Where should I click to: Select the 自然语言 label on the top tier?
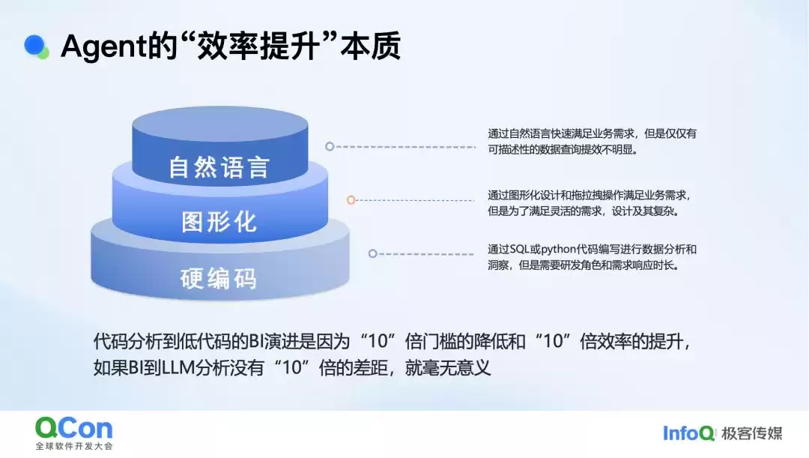point(219,166)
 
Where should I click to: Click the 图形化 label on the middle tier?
point(219,221)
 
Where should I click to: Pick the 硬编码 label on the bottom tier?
point(219,278)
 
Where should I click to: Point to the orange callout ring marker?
point(351,200)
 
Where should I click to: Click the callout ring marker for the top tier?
point(330,147)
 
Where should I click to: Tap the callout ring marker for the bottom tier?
point(372,253)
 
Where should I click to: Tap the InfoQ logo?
point(689,433)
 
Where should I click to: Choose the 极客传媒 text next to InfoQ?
point(752,433)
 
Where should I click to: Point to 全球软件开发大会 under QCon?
point(73,446)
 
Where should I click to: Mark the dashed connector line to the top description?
point(404,147)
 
